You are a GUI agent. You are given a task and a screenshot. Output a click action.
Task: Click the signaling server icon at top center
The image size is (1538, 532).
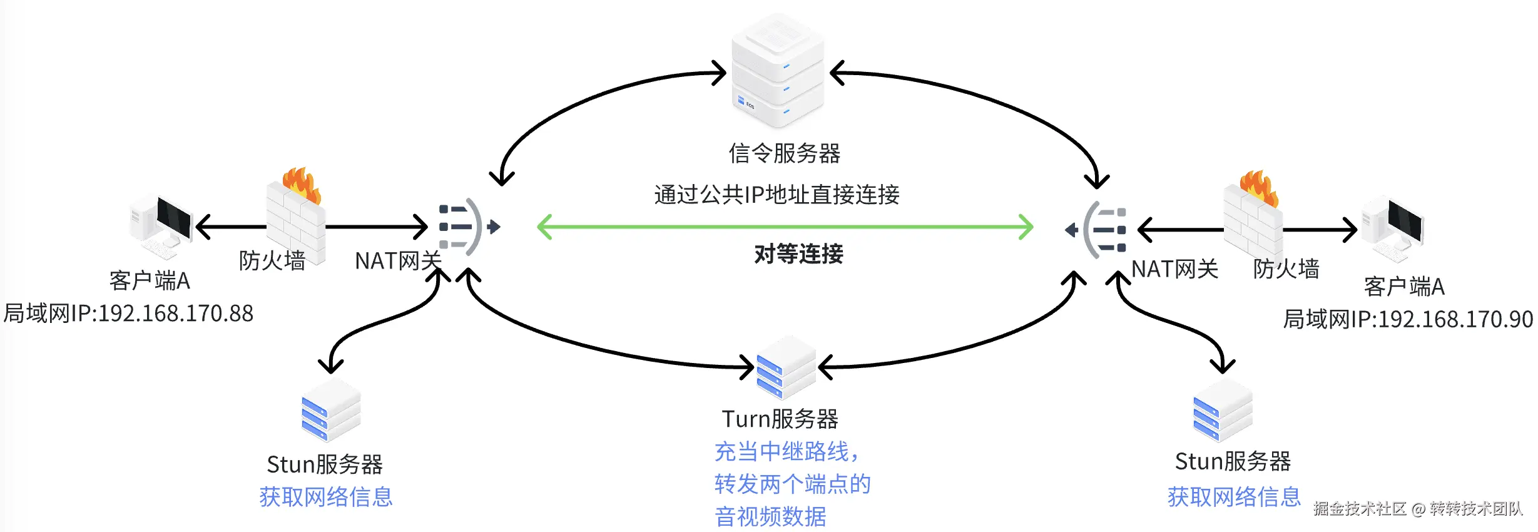[x=778, y=72]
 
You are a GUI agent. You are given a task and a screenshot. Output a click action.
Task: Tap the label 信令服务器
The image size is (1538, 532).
[x=784, y=153]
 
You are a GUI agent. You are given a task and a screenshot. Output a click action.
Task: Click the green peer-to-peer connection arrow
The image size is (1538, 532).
[x=785, y=227]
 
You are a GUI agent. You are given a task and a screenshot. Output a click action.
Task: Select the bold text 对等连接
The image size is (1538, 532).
[x=798, y=254]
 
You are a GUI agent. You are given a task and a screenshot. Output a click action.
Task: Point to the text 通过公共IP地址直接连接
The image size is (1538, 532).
[x=777, y=195]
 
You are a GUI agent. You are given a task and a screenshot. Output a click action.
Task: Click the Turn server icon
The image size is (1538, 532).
[x=785, y=368]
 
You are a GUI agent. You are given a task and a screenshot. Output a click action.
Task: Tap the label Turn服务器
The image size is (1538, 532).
[x=780, y=419]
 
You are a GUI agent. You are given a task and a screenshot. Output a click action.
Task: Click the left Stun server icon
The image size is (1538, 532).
[x=330, y=410]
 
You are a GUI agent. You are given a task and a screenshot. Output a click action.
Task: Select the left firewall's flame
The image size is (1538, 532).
[x=302, y=183]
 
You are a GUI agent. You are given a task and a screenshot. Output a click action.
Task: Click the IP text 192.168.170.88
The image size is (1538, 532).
[x=176, y=314]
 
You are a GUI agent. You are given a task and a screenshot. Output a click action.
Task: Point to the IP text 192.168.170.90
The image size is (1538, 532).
[x=1455, y=319]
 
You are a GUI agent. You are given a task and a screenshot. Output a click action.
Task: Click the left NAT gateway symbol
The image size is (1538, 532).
[x=466, y=227]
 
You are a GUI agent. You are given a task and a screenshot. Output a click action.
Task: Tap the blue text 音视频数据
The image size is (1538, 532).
[x=770, y=517]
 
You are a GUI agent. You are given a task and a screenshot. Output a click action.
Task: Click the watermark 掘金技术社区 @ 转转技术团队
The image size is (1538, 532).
[x=1417, y=508]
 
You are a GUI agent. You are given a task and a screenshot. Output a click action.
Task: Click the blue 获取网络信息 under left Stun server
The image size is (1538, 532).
[x=325, y=497]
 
